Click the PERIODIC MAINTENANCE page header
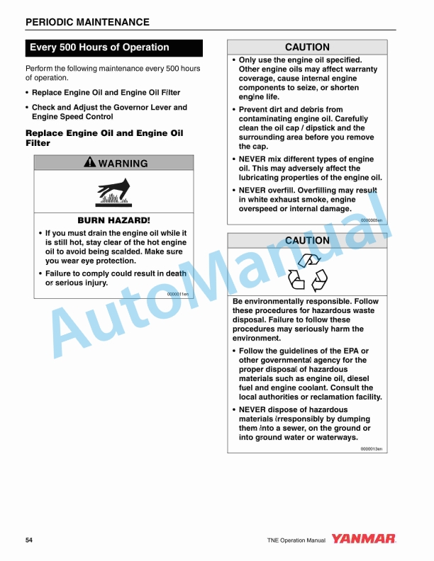click(x=87, y=22)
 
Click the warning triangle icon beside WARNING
click(x=89, y=163)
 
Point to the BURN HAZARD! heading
click(x=113, y=220)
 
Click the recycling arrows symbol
click(x=307, y=272)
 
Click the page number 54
click(x=29, y=540)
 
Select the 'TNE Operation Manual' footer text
click(x=296, y=540)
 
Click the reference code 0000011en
click(x=177, y=293)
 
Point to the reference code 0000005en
click(x=372, y=220)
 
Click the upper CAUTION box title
click(x=307, y=47)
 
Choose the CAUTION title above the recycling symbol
click(x=307, y=241)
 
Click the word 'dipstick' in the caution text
click(x=325, y=128)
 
